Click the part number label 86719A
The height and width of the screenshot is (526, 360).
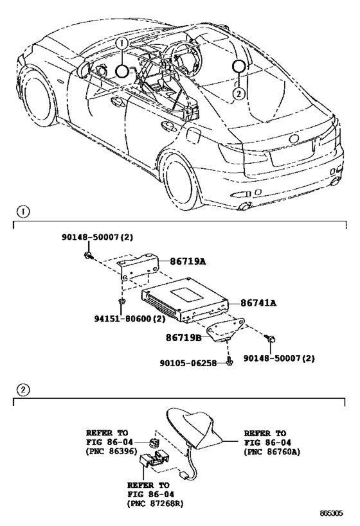click(x=187, y=261)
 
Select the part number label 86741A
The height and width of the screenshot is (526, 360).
click(x=258, y=303)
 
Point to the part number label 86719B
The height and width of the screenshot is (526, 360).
click(x=184, y=337)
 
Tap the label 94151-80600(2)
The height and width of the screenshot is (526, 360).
click(x=130, y=319)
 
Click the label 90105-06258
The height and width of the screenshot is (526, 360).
click(x=188, y=363)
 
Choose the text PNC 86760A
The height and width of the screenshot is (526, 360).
click(x=273, y=452)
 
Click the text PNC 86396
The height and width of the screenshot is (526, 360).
click(x=112, y=451)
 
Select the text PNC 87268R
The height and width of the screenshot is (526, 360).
click(x=156, y=503)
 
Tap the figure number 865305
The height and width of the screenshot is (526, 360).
click(x=331, y=513)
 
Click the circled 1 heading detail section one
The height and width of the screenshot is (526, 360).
click(x=23, y=212)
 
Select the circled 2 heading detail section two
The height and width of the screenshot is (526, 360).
click(x=23, y=389)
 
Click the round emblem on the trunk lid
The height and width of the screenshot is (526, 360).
click(x=294, y=139)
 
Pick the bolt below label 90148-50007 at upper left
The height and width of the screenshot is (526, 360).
click(x=89, y=256)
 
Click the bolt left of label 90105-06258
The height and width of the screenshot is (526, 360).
click(x=230, y=362)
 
